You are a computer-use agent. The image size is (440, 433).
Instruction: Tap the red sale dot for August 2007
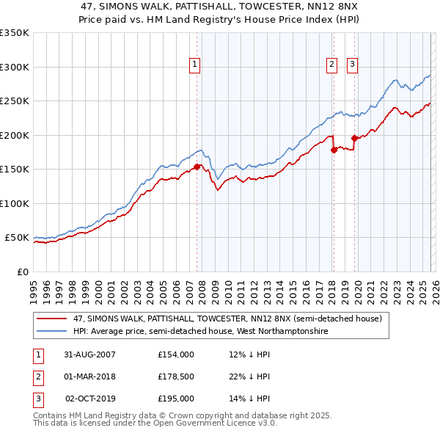197,167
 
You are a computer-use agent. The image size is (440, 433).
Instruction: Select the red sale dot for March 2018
334,150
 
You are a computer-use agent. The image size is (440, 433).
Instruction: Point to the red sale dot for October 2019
354,138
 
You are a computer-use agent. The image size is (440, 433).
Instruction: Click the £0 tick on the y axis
22,272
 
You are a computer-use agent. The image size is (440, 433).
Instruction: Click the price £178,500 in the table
177,376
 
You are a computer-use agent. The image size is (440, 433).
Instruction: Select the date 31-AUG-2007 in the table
89,354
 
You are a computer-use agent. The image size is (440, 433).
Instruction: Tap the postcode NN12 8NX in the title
332,5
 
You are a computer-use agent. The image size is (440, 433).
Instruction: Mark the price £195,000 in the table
177,399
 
